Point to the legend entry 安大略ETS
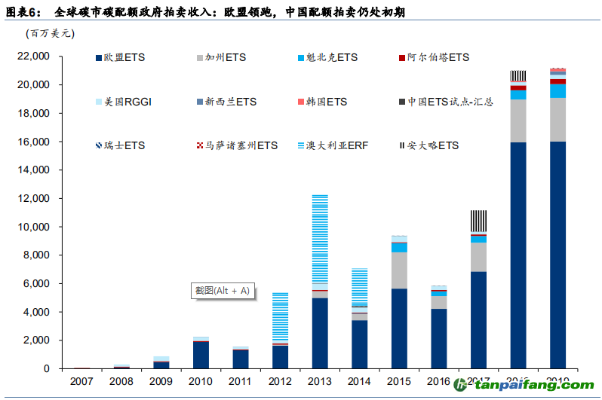tap(432, 145)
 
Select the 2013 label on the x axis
tap(320, 380)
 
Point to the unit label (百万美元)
tap(50, 33)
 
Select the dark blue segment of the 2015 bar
tap(400, 328)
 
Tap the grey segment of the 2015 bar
tap(400, 270)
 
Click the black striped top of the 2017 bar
tap(479, 221)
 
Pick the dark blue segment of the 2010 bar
tap(200, 355)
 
